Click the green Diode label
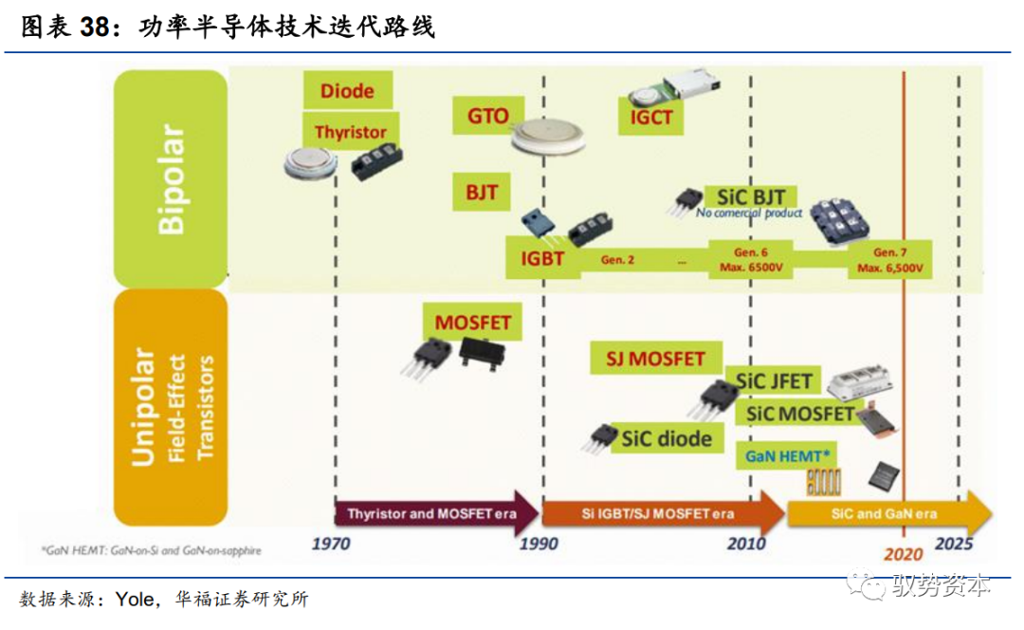click(x=347, y=91)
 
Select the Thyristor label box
click(x=350, y=132)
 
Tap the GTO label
click(x=488, y=118)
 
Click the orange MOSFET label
click(x=472, y=322)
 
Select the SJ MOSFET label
click(x=656, y=359)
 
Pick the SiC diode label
click(x=667, y=438)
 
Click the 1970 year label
click(x=330, y=544)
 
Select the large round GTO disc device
click(x=552, y=139)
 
